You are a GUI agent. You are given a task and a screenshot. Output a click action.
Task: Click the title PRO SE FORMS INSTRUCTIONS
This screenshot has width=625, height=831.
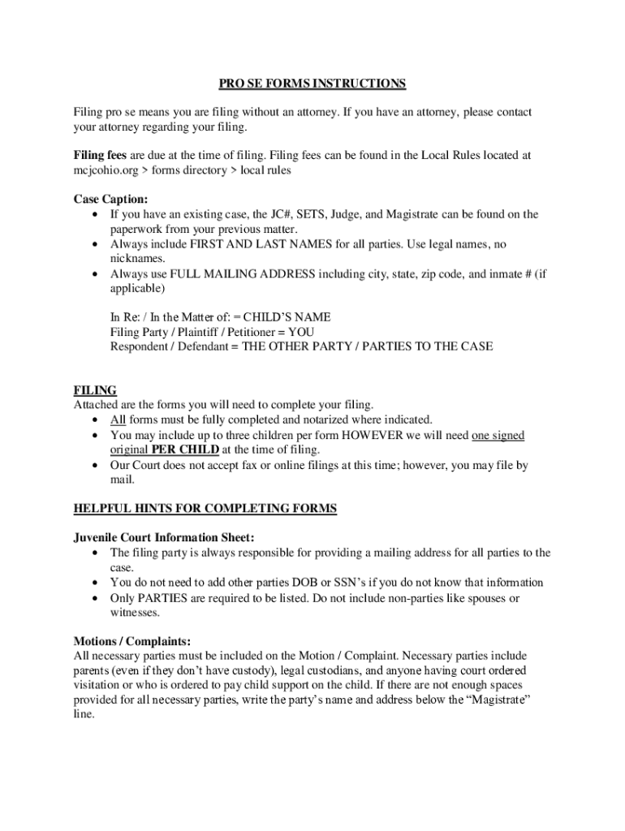312,84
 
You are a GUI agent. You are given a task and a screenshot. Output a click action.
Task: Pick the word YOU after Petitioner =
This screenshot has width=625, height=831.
301,332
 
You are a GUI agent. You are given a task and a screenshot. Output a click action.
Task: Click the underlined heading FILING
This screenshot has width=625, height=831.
95,390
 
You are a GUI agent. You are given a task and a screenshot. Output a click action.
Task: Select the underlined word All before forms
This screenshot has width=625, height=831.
118,420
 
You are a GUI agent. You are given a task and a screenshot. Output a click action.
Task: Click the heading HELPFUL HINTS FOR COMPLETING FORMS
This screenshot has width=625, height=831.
205,509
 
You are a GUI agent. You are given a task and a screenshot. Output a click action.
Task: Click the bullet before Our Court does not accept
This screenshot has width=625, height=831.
97,465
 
